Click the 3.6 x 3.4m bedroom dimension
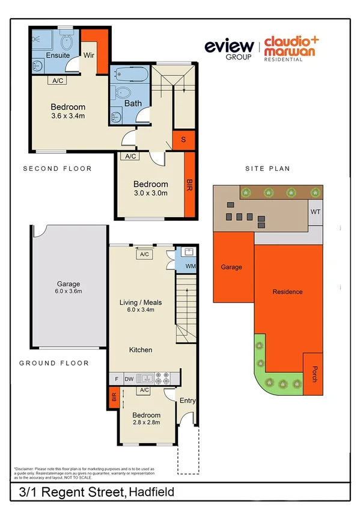[x=67, y=116]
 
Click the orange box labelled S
[x=184, y=140]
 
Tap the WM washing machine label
[x=190, y=265]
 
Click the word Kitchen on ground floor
[x=141, y=349]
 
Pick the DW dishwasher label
[x=128, y=379]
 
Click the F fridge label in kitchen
[x=116, y=379]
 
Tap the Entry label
[x=188, y=401]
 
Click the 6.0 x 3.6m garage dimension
[x=68, y=293]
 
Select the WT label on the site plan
[x=315, y=212]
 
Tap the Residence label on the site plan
[x=287, y=292]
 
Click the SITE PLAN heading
[x=267, y=169]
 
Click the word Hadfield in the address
[x=153, y=492]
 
